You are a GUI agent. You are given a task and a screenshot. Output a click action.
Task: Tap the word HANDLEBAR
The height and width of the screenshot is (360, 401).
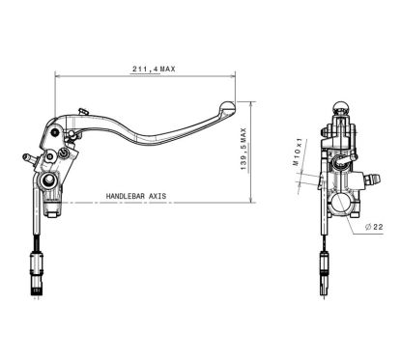122,196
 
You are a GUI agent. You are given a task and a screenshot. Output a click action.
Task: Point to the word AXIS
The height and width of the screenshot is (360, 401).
156,196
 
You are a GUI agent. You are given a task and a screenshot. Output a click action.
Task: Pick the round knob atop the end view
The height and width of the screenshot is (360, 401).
340,108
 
